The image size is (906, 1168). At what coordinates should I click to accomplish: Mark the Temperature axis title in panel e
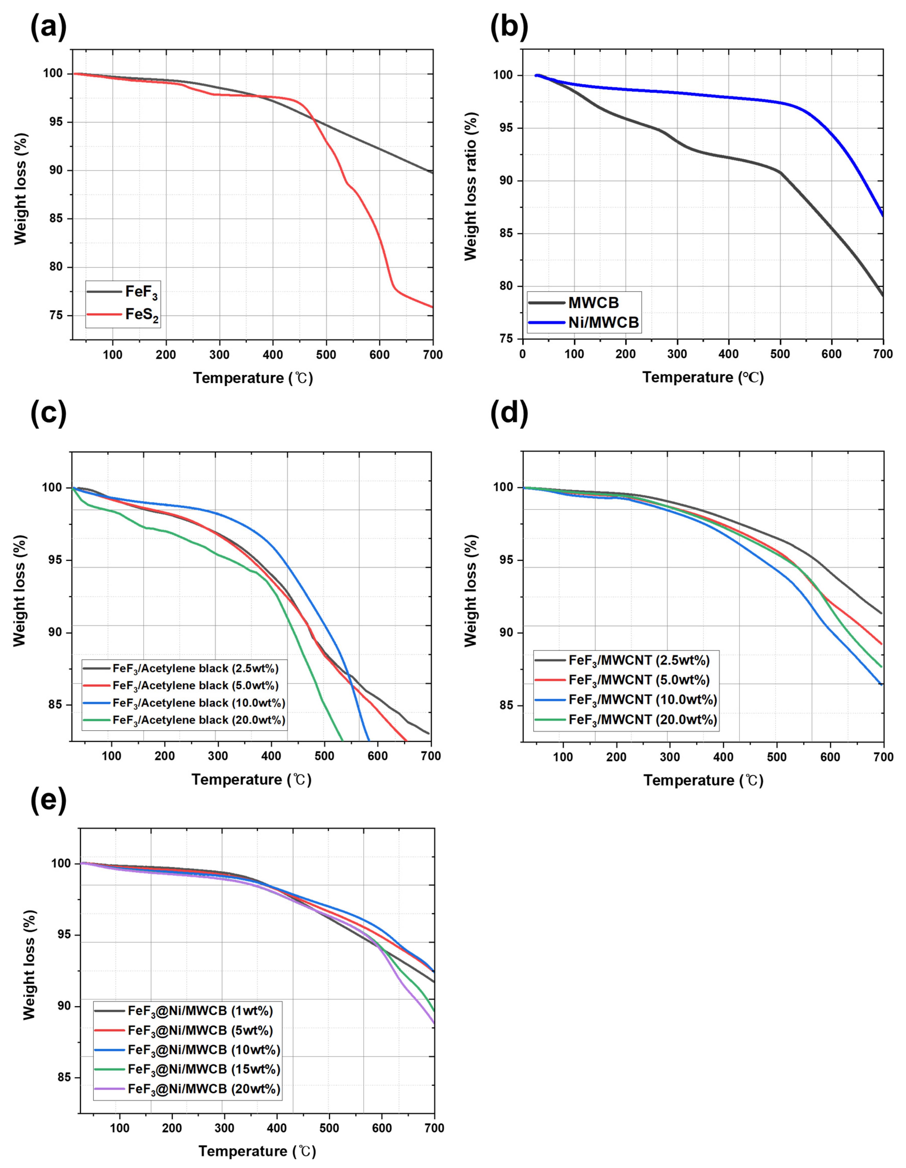click(257, 1151)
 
